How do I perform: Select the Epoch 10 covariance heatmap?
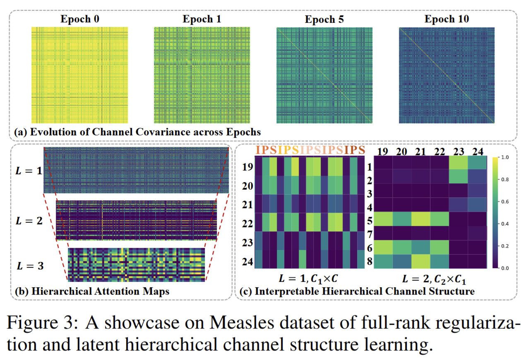(447, 75)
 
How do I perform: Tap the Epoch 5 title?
(324, 19)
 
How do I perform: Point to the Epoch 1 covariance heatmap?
(202, 75)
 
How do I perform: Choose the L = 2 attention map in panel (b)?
(137, 220)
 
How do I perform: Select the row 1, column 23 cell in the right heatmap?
(459, 164)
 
